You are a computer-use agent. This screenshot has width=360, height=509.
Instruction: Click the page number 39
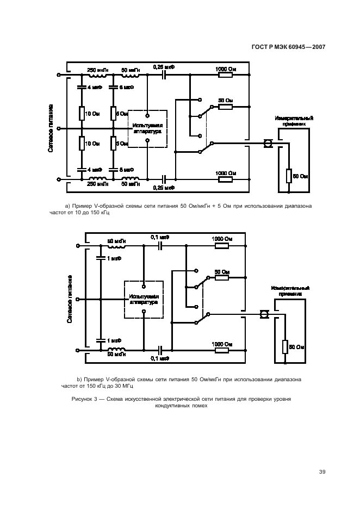click(x=322, y=472)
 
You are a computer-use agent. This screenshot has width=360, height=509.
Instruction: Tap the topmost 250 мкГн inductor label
click(x=98, y=70)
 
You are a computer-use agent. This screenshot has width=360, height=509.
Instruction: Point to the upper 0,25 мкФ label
click(x=164, y=67)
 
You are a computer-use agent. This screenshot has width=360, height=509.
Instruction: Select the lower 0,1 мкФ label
click(x=160, y=358)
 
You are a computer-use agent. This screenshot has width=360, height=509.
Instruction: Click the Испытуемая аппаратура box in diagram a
click(x=148, y=128)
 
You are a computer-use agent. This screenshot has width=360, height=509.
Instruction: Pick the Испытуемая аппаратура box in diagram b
click(x=144, y=299)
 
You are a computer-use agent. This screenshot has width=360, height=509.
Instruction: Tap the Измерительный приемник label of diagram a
click(x=294, y=121)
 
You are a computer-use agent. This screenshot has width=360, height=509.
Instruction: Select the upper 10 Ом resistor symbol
click(x=80, y=114)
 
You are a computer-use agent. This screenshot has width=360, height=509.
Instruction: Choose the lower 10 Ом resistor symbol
click(x=80, y=144)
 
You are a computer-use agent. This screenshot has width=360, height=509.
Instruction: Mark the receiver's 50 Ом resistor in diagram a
click(x=289, y=176)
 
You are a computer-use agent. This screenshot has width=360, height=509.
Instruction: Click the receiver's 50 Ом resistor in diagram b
click(x=284, y=346)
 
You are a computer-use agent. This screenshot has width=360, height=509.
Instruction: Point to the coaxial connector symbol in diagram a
click(x=268, y=144)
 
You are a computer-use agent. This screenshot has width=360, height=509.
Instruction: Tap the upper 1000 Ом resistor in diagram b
click(x=222, y=246)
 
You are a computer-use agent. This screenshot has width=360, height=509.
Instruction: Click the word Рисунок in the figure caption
click(x=83, y=399)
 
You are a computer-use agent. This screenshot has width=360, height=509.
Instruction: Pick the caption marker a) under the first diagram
click(x=67, y=207)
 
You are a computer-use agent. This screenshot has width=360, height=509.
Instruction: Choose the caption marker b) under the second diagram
click(x=79, y=378)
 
